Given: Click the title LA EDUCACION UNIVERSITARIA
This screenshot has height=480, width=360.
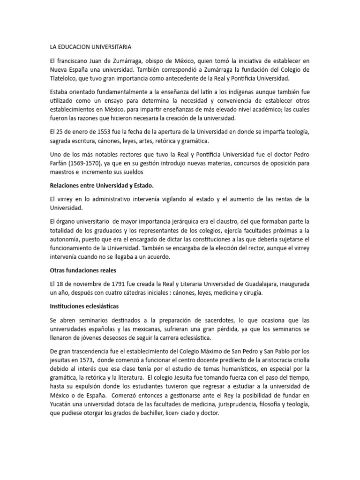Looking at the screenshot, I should (x=90, y=47).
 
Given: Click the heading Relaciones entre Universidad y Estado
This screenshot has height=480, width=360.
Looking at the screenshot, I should (x=101, y=186).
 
